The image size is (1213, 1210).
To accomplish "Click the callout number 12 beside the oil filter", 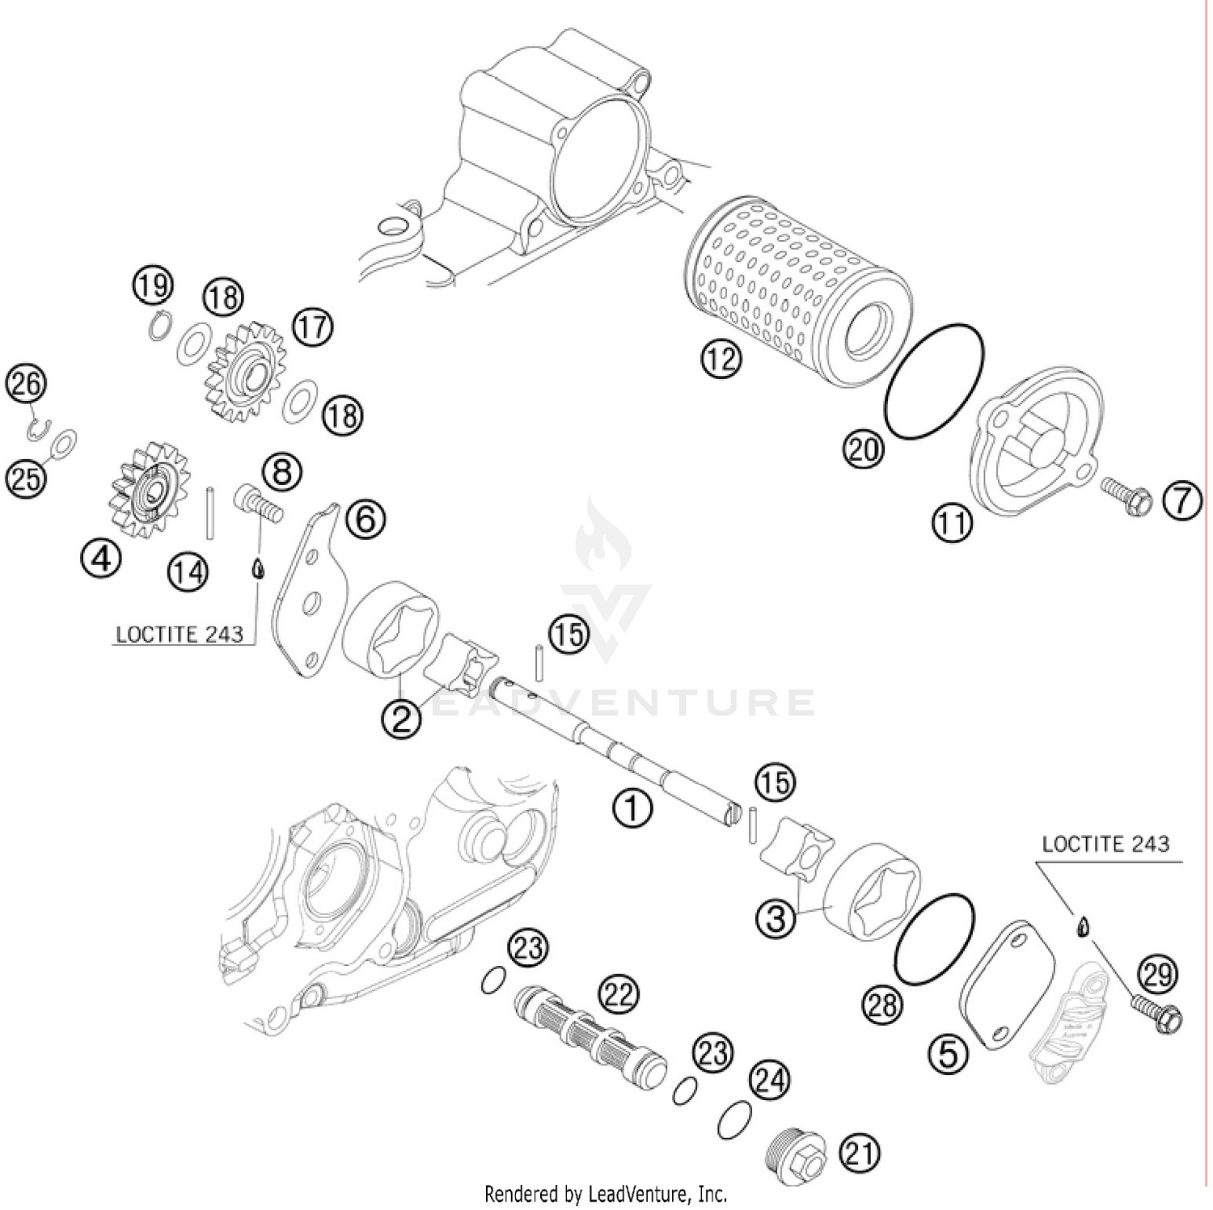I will (721, 357).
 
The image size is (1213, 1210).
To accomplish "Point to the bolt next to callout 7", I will (1126, 495).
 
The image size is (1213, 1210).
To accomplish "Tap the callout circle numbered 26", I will (26, 384).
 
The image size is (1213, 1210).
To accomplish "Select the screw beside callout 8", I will (260, 499).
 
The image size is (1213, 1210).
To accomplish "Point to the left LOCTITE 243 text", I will (180, 635).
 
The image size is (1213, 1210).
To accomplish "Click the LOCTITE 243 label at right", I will (1105, 845).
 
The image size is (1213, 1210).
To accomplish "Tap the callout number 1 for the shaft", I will (632, 807).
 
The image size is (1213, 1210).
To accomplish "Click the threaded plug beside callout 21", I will (796, 1151).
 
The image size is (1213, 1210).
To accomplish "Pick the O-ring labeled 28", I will (934, 941).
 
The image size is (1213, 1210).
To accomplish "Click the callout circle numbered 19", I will (153, 285).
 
